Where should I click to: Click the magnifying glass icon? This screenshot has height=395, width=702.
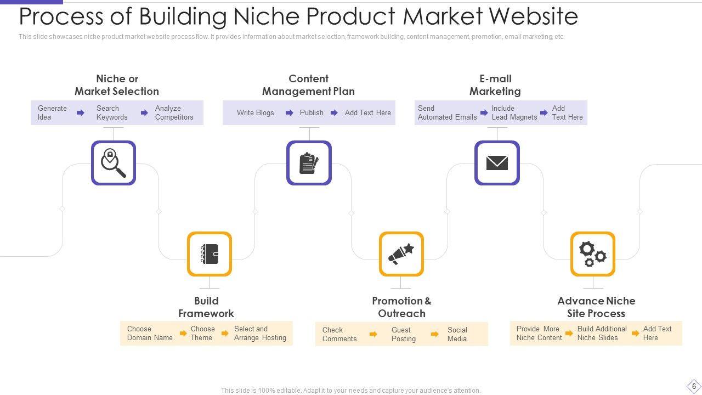114,163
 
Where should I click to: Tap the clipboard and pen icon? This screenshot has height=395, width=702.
309,163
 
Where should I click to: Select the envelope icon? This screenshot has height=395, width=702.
497,163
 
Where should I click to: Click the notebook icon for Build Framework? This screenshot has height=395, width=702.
210,254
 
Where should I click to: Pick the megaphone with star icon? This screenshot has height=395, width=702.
401,254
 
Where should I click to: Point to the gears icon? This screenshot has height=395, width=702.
593,254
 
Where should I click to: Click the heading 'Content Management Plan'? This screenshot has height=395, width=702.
308,85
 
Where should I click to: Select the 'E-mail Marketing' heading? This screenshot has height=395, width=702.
495,85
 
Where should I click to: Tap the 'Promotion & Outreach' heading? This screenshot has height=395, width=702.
401,307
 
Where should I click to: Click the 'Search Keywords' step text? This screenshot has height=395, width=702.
112,112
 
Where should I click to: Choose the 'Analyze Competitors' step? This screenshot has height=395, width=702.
174,112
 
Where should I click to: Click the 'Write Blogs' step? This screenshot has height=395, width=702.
255,112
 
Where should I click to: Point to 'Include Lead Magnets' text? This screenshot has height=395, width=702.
514,112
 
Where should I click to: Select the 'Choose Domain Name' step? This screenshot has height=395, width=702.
150,333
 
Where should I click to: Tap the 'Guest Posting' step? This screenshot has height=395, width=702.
403,334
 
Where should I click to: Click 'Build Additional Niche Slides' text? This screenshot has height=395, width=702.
602,333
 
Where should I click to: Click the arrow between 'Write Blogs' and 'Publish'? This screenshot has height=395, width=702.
289,113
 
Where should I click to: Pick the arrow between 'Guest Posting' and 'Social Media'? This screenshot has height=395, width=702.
434,334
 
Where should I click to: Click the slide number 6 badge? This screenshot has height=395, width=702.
694,386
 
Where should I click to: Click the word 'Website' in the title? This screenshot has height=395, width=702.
533,16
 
